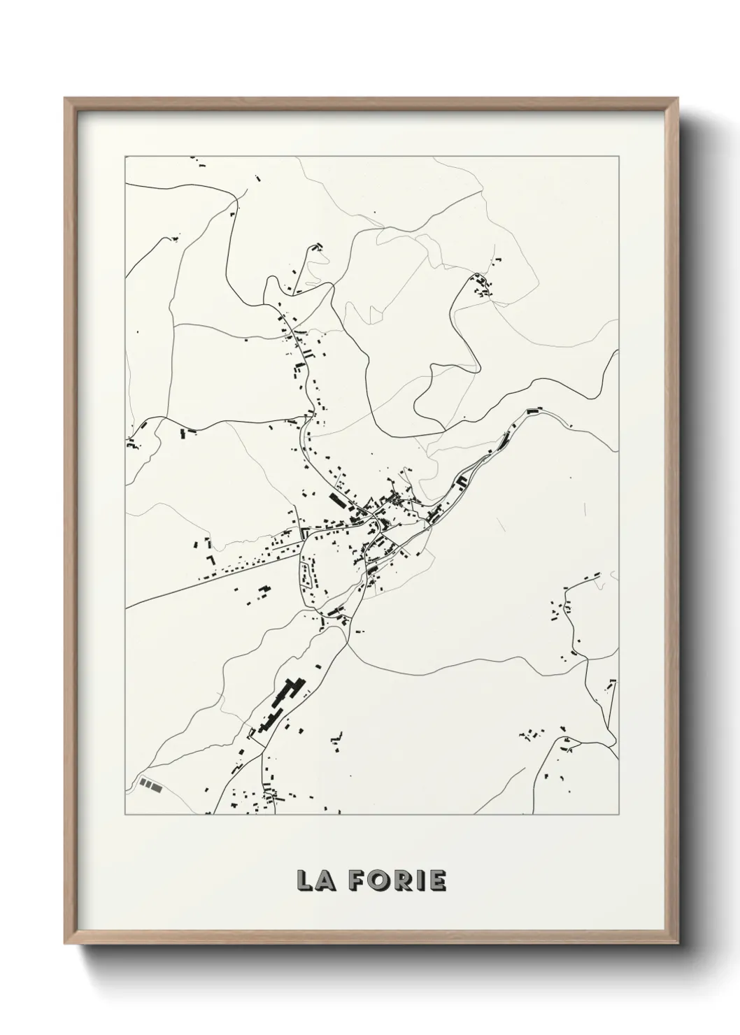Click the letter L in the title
pyautogui.click(x=305, y=880)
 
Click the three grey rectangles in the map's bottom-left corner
pyautogui.click(x=150, y=785)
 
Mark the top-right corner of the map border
pyautogui.click(x=619, y=157)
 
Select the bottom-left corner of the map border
pyautogui.click(x=125, y=815)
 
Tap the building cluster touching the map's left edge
pyautogui.click(x=131, y=443)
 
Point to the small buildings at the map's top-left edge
pyautogui.click(x=199, y=164)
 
